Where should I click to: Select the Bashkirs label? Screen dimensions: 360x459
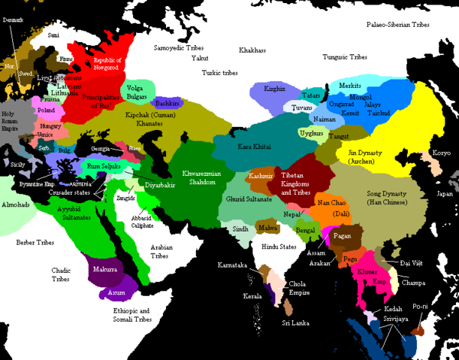coord(166,103)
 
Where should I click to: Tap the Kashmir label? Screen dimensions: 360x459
coord(261,175)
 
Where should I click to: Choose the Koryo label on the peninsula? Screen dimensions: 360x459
coord(442,153)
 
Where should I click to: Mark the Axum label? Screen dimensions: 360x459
coord(116,292)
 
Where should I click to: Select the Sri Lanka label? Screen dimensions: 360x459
coord(296,322)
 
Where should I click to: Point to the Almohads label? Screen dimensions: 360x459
coord(17,204)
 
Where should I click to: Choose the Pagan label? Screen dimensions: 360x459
coord(342,236)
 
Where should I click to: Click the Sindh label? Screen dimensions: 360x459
coord(240,228)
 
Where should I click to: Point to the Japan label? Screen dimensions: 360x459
coord(446,193)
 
